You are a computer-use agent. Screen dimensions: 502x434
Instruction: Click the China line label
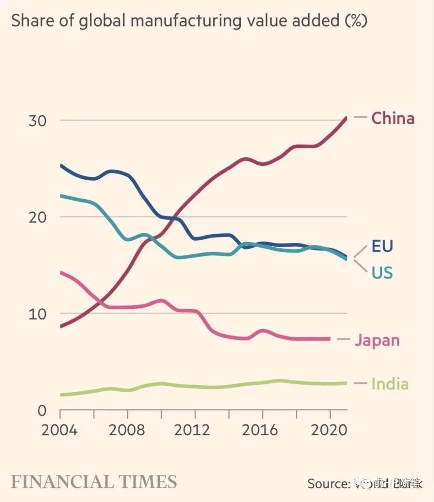click(x=393, y=118)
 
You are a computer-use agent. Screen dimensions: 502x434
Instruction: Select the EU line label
click(x=382, y=246)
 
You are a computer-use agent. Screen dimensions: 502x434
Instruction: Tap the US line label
click(x=382, y=273)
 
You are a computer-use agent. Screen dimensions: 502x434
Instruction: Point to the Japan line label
click(x=377, y=340)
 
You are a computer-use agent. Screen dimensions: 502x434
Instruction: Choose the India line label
click(x=390, y=384)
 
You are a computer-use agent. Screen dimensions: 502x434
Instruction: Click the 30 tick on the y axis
click(x=37, y=121)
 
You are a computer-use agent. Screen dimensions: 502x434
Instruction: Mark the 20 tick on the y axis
click(x=37, y=217)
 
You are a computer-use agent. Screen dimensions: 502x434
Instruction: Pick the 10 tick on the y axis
click(x=37, y=314)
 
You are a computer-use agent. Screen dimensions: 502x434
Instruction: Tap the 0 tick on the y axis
click(x=42, y=410)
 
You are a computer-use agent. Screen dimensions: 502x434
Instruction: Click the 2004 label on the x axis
click(x=59, y=430)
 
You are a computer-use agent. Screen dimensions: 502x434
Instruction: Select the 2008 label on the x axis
click(x=127, y=430)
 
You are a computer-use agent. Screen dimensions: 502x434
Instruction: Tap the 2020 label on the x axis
click(x=329, y=430)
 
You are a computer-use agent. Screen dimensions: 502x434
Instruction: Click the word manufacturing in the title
click(x=186, y=21)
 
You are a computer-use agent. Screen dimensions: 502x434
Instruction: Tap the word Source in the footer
click(x=329, y=483)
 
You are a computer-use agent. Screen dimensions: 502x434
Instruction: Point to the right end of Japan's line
click(x=330, y=339)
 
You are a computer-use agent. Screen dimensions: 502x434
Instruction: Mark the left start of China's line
click(x=61, y=326)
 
